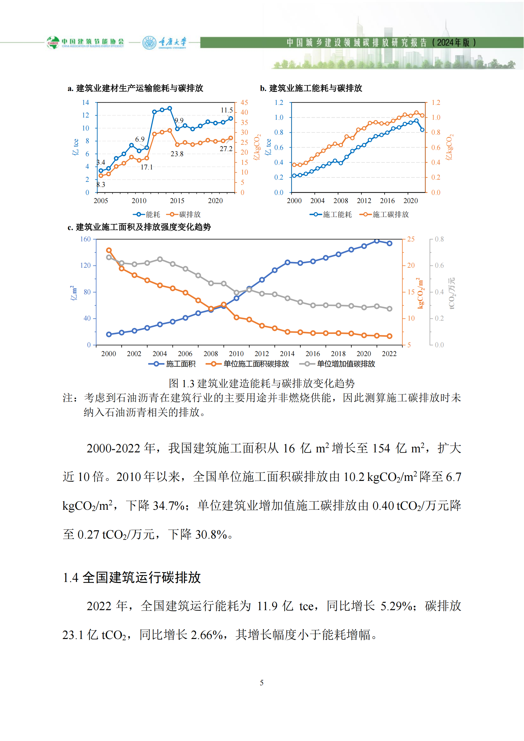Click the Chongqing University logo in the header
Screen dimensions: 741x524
pyautogui.click(x=164, y=42)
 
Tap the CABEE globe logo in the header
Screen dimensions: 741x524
pyautogui.click(x=53, y=42)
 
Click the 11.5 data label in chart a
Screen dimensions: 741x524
pyautogui.click(x=227, y=110)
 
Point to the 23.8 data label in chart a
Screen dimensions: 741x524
pyautogui.click(x=177, y=154)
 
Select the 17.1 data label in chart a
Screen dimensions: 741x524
pyautogui.click(x=146, y=167)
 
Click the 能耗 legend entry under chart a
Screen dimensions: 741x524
pyautogui.click(x=146, y=214)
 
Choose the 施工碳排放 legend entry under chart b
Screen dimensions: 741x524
pyautogui.click(x=384, y=214)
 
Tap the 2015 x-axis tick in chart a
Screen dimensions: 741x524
pyautogui.click(x=177, y=201)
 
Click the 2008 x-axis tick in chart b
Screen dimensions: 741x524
pyautogui.click(x=341, y=201)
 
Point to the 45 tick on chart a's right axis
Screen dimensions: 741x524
pyautogui.click(x=244, y=103)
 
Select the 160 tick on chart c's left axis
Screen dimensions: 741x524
pyautogui.click(x=86, y=239)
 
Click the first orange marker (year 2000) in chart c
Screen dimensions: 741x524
pyautogui.click(x=109, y=251)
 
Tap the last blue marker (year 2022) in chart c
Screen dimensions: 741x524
pyautogui.click(x=389, y=243)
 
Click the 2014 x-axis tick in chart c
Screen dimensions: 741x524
pyautogui.click(x=287, y=354)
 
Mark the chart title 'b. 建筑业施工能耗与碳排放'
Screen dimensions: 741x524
pyautogui.click(x=311, y=88)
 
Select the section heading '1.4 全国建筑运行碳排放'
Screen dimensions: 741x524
pyautogui.click(x=132, y=578)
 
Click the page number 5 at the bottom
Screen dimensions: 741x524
pyautogui.click(x=262, y=683)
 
